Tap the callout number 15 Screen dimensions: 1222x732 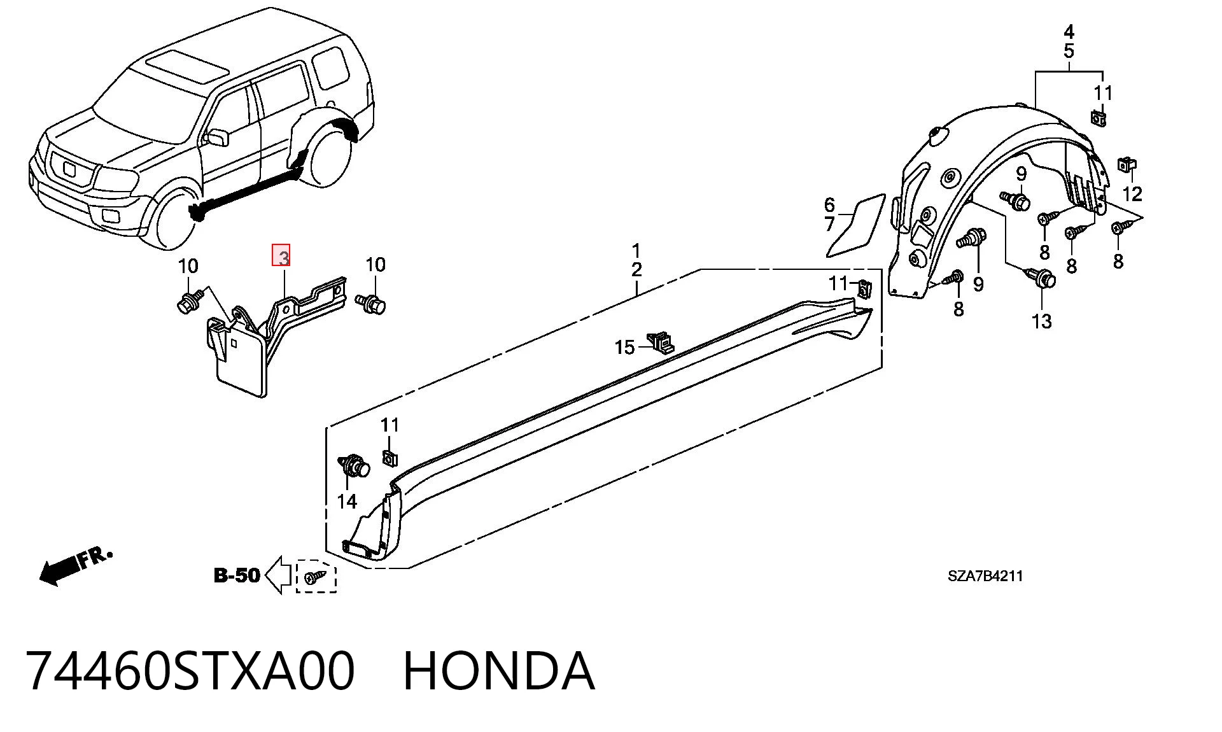tap(624, 347)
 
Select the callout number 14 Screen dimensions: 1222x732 tap(347, 502)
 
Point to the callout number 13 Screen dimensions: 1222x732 tap(1041, 321)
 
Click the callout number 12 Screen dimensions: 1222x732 tap(1132, 194)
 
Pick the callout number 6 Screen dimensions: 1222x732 tap(829, 205)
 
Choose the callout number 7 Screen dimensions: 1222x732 tap(829, 224)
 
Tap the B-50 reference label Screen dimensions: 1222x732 tap(237, 575)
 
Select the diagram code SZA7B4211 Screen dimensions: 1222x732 tap(985, 576)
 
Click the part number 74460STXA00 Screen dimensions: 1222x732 tap(190, 670)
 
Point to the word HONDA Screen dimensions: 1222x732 tap(499, 670)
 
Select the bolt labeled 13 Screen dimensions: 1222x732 tap(1041, 278)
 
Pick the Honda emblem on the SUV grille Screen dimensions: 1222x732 tap(69, 169)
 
